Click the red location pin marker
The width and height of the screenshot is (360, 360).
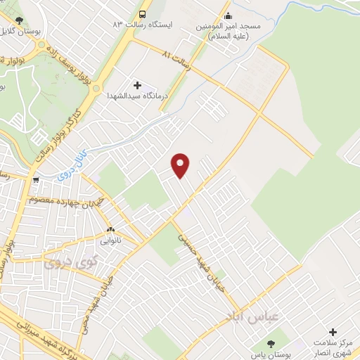click(x=181, y=165)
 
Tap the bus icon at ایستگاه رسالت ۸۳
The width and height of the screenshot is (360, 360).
click(x=143, y=15)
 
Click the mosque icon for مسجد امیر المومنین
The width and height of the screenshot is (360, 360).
click(x=226, y=16)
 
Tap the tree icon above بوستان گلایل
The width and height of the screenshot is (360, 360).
click(x=18, y=20)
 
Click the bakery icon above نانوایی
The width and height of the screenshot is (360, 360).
click(x=110, y=230)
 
